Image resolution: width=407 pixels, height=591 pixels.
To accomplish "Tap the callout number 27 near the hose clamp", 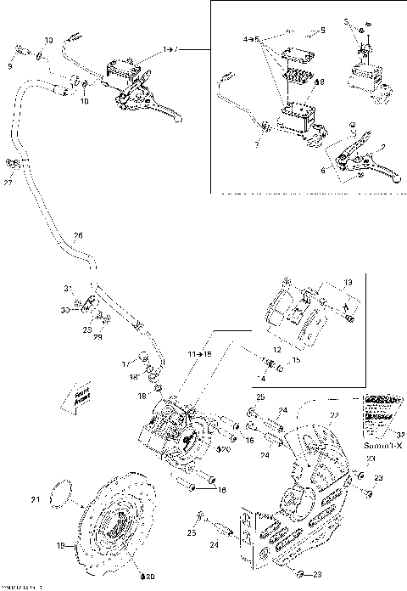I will click(8, 181).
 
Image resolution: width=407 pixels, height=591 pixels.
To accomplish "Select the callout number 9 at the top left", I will click(10, 65).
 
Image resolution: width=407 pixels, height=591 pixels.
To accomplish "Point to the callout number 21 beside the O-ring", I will click(36, 500).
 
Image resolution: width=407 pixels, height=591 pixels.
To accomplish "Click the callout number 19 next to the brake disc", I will click(59, 547).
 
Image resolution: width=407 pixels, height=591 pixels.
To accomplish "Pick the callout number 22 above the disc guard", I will click(333, 414).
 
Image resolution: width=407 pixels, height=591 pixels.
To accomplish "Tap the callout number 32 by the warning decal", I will click(399, 433).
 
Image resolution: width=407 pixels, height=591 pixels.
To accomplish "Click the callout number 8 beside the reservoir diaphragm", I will click(320, 82).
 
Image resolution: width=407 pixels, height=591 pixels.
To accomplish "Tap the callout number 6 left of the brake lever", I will click(322, 169).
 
